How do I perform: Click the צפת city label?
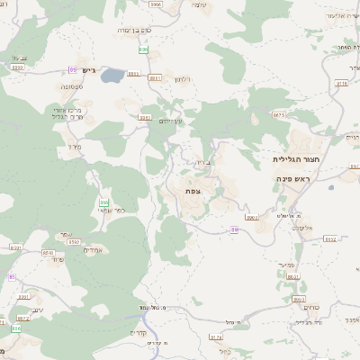[x=193, y=191]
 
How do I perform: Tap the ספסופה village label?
[x=48, y=86]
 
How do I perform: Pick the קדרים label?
[x=138, y=331]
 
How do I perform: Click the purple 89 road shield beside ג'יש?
[x=71, y=69]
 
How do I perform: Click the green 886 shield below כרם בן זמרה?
[x=143, y=49]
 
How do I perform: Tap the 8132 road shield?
[x=329, y=239]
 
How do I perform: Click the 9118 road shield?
[x=341, y=83]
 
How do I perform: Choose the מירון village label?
[x=74, y=146]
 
